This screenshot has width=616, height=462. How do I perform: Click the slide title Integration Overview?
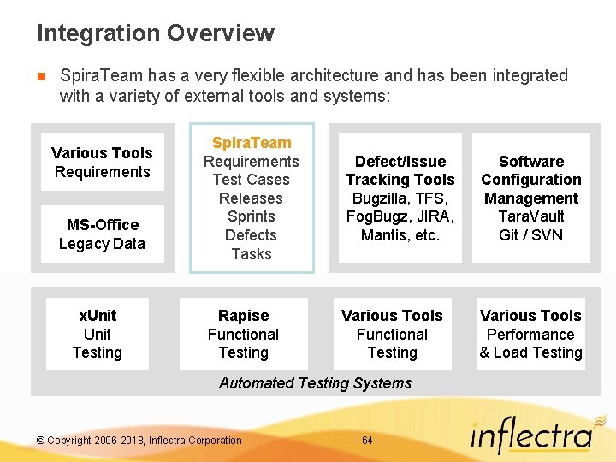click(x=155, y=33)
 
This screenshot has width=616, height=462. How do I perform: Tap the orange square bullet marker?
click(x=41, y=76)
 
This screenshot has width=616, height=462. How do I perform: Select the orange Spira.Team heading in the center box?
click(x=252, y=143)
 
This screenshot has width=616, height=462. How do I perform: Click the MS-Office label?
click(x=102, y=225)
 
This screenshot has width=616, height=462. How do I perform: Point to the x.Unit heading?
click(x=98, y=316)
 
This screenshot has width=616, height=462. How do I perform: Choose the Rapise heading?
click(x=243, y=316)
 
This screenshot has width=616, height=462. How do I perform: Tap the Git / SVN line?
click(x=530, y=235)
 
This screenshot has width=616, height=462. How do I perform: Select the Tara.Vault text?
click(x=530, y=216)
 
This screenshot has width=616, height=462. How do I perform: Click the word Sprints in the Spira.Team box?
click(x=252, y=216)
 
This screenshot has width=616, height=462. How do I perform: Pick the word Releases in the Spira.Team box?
click(x=252, y=198)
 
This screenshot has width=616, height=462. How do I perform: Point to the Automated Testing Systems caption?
click(x=315, y=383)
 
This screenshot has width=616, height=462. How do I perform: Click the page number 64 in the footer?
click(x=365, y=441)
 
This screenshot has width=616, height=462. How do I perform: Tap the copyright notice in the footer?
click(x=139, y=441)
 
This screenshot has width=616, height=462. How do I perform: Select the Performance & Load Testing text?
click(x=530, y=344)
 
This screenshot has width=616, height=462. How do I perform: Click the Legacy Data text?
click(x=102, y=244)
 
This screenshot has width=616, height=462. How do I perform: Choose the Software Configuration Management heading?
click(x=530, y=180)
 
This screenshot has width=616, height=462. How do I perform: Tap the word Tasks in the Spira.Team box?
click(x=252, y=254)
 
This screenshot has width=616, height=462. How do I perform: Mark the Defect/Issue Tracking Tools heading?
click(x=400, y=170)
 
